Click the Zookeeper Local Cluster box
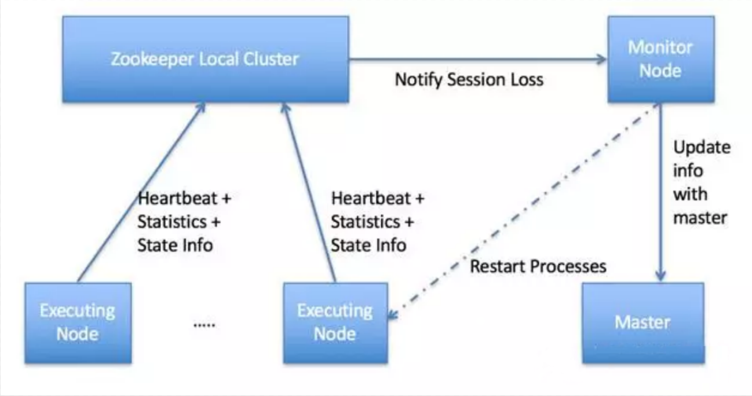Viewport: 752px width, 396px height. pos(206,59)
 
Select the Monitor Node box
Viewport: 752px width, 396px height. pos(660,59)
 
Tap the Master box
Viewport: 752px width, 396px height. pos(643,323)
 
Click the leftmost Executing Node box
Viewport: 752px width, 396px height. pos(78,323)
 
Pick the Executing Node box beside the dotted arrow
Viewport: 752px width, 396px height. pos(335,323)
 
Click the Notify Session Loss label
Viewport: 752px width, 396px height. pos(469,79)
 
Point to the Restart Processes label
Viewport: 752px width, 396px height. pos(538,266)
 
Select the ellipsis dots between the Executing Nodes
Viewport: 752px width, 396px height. pos(204,325)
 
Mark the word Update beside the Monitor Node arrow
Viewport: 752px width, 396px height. pos(702,148)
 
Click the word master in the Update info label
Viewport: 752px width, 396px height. pos(700,218)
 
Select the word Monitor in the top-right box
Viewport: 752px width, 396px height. pos(660,47)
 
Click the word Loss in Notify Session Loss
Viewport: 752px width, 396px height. pos(525,79)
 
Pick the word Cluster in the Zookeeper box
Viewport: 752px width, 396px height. pos(271,59)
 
